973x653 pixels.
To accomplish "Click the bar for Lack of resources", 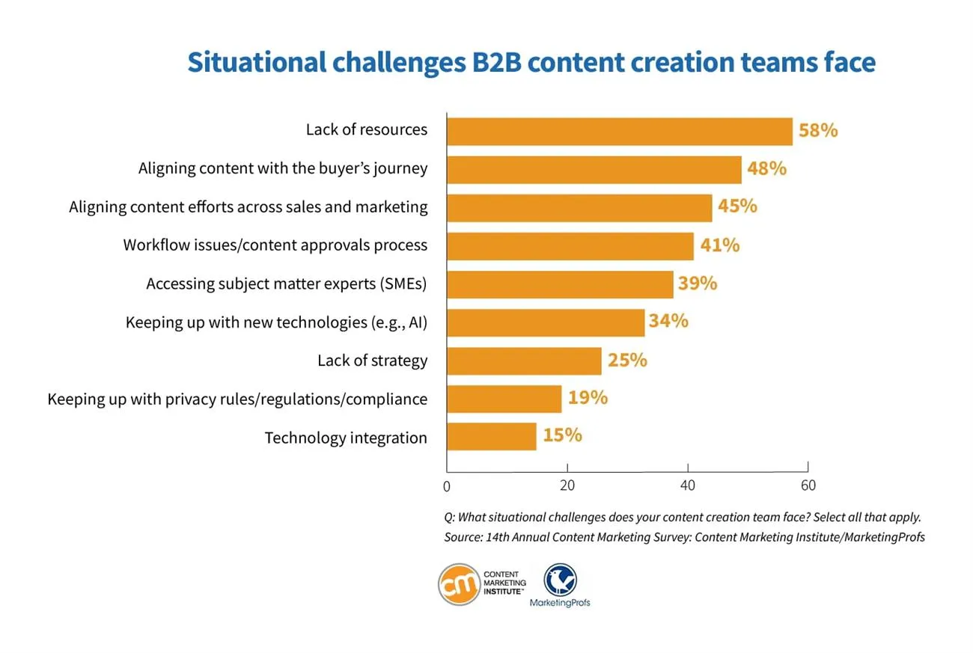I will pos(619,131).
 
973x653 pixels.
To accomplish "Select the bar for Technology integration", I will pos(491,437).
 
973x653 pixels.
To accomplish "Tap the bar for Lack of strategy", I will pos(524,361).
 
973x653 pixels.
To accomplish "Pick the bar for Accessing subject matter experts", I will pos(560,283).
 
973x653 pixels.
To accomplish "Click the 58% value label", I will pos(817,131).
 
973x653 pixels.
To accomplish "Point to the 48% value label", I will pos(766,169).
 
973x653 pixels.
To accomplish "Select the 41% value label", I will pos(719,245).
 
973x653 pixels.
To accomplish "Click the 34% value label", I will pos(668,322).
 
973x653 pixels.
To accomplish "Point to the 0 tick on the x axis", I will pos(447,486).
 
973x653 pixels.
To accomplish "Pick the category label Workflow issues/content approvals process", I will pos(275,245).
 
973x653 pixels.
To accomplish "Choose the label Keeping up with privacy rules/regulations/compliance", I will pos(237,399).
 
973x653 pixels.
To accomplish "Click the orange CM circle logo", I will pos(458,583).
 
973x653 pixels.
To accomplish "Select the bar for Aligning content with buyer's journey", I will pos(594,169).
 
